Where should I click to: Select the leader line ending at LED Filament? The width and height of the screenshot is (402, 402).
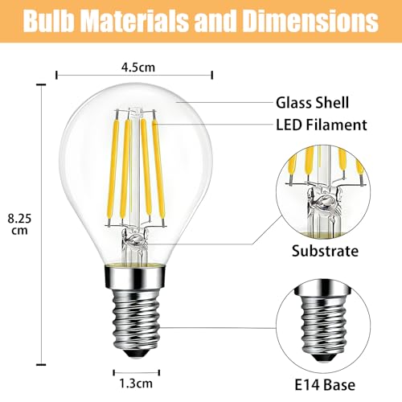point(217,125)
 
